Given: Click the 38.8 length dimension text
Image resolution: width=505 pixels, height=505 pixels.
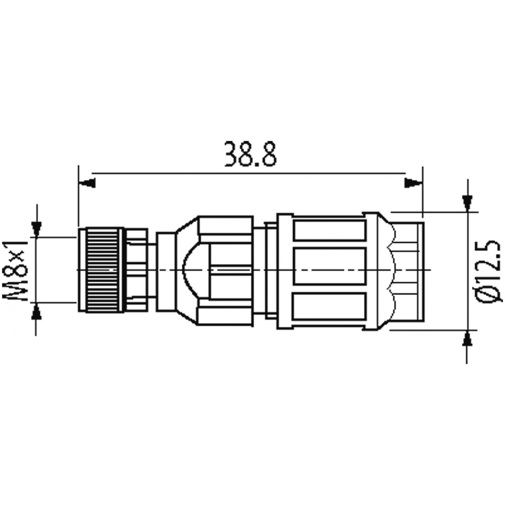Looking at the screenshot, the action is (x=250, y=154).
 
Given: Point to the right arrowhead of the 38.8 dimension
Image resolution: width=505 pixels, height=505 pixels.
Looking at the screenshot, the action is (x=414, y=182).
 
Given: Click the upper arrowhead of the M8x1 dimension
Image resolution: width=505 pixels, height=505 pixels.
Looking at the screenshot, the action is (x=37, y=229).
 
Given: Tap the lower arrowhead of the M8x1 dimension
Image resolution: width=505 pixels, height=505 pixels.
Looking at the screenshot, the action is (x=37, y=312).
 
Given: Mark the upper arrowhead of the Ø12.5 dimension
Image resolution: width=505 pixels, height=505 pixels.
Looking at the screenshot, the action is (x=467, y=204).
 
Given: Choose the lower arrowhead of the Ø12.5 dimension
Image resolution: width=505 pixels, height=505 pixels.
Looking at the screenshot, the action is (x=467, y=338).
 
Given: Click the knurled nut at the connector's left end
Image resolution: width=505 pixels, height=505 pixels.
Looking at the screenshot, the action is (x=101, y=270).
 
